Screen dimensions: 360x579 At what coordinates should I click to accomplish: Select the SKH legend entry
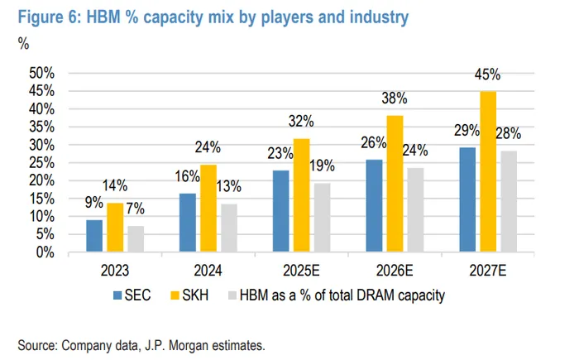tap(194, 295)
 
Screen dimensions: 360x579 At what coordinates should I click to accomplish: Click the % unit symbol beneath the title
tap(23, 44)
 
